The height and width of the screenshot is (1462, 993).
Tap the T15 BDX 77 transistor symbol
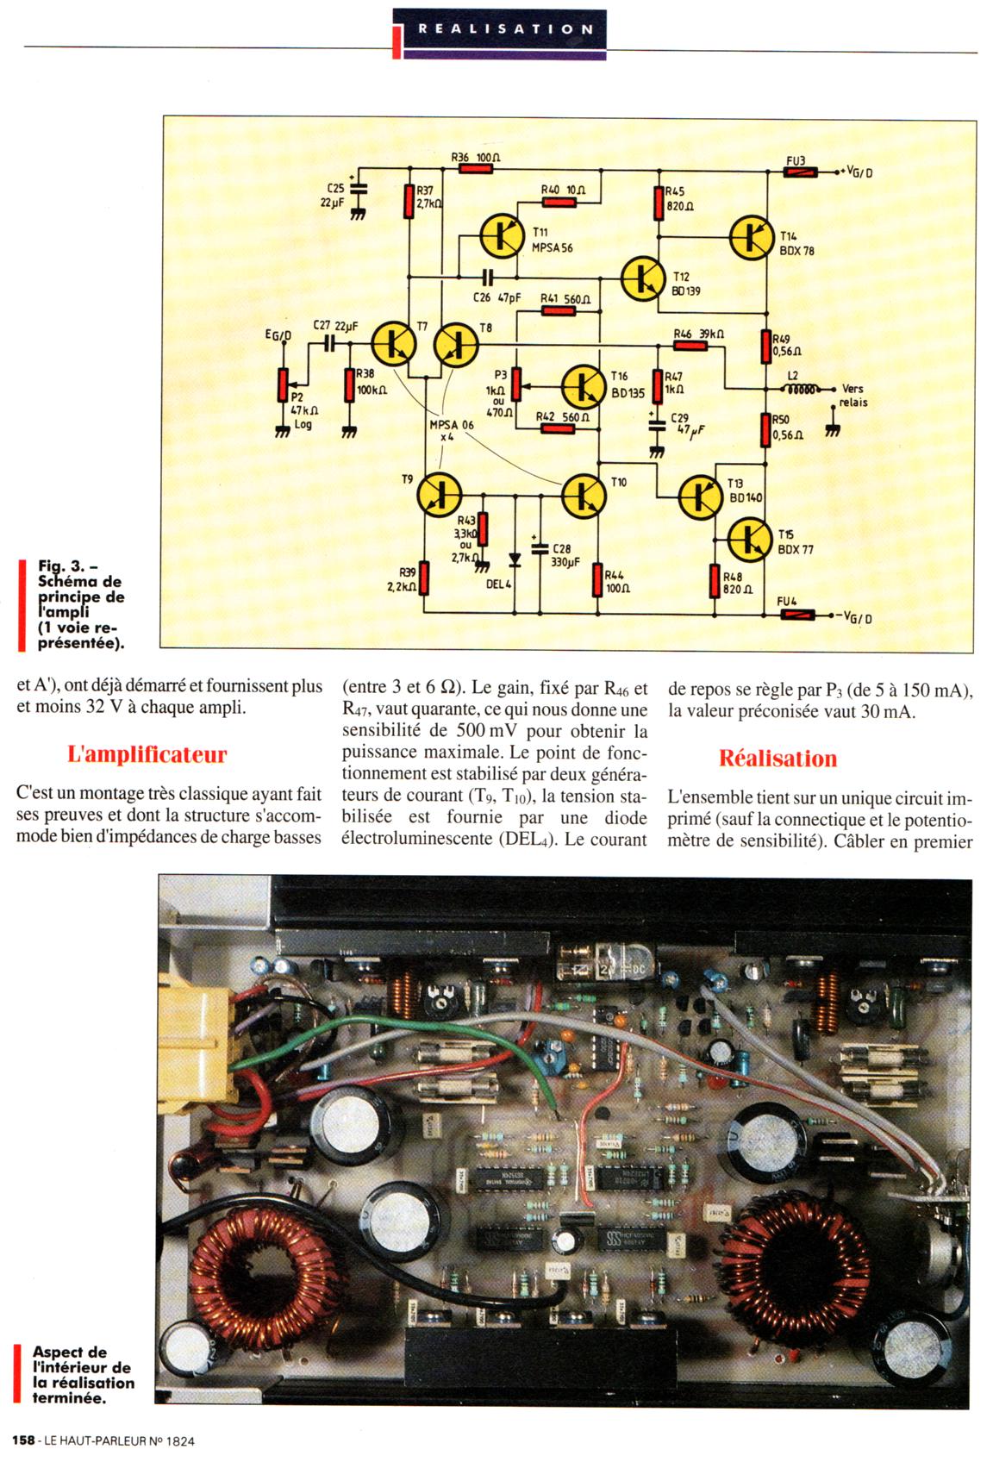(749, 539)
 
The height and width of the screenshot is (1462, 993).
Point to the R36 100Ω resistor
(476, 170)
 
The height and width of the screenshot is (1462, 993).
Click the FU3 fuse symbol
(800, 172)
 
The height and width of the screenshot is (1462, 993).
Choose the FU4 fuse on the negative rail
(798, 615)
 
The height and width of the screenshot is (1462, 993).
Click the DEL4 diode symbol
(515, 559)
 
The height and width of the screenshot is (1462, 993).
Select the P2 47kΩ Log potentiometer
(282, 384)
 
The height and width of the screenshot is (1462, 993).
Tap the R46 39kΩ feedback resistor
(690, 346)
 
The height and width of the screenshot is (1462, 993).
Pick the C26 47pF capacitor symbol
(488, 278)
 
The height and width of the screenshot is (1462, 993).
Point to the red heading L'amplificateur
(147, 755)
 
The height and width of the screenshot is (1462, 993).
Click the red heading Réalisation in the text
(778, 759)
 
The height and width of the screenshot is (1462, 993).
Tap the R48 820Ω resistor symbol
(715, 581)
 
